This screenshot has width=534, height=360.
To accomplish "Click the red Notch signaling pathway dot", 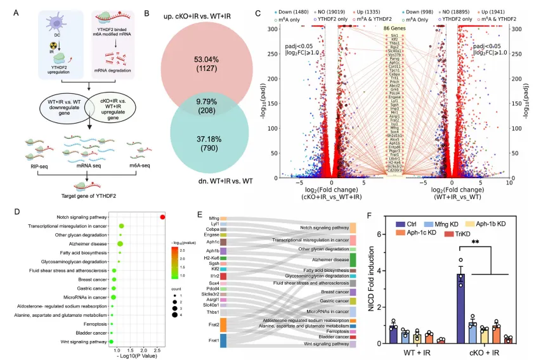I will coord(163,217).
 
